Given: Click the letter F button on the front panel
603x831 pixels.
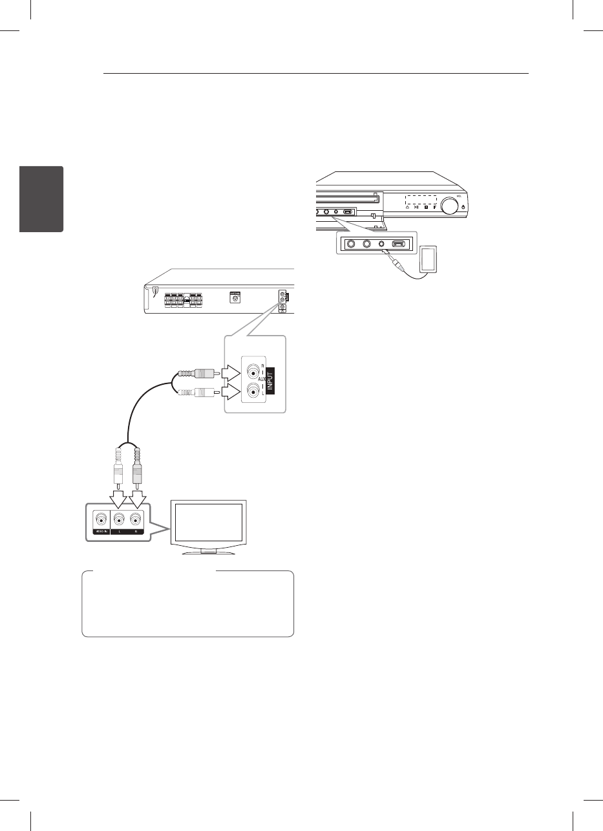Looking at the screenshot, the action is [435, 208].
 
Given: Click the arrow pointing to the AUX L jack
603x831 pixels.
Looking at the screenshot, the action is [230, 391].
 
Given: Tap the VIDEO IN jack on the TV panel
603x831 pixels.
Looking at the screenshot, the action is [100, 519].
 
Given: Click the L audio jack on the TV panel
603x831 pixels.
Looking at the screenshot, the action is [119, 519].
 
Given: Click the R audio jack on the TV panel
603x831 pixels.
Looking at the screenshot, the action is [135, 519].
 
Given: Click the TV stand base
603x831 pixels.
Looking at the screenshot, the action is [207, 552].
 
